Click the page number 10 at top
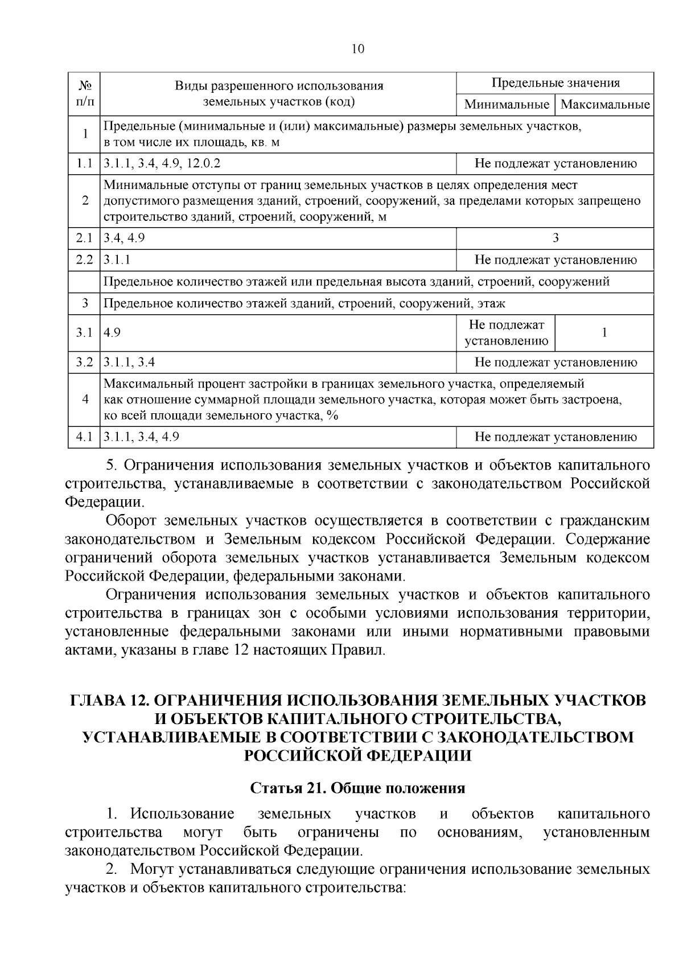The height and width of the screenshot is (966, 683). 357,50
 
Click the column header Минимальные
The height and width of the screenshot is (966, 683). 507,105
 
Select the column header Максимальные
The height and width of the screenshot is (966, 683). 604,105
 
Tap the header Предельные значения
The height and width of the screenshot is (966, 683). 555,83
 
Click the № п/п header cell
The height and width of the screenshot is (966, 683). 85,94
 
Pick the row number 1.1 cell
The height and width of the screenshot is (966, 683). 85,165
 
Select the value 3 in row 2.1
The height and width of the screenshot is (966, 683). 556,238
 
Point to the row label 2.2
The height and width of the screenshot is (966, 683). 85,260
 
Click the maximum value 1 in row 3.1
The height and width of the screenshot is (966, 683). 604,333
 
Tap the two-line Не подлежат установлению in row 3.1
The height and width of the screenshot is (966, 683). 507,333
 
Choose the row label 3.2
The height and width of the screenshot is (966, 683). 85,362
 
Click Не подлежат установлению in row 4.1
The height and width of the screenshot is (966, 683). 556,437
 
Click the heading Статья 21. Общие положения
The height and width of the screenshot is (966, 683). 357,788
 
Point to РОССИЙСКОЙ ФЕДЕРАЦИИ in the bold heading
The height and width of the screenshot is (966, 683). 357,755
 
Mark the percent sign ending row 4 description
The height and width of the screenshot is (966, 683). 333,416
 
